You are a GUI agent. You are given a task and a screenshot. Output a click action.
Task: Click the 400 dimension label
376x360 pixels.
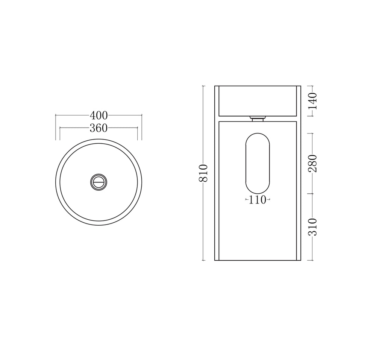click(99, 115)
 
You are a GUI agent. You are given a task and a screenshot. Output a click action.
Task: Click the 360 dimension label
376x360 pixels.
click(99, 128)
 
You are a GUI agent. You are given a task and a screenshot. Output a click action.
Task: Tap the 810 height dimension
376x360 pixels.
click(203, 173)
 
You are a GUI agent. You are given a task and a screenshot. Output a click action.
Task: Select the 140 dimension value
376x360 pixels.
click(313, 101)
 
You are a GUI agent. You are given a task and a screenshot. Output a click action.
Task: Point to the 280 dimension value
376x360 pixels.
click(313, 164)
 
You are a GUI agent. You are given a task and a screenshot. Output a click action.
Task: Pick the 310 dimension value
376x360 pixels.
click(313, 227)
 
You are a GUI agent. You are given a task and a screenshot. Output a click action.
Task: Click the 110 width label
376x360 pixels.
click(258, 199)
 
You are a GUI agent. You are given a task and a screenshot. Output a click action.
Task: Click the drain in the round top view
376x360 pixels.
click(99, 182)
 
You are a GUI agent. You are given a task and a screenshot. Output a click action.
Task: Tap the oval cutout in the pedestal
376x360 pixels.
click(258, 163)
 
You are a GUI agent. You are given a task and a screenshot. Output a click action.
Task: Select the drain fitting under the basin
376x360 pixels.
click(258, 118)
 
